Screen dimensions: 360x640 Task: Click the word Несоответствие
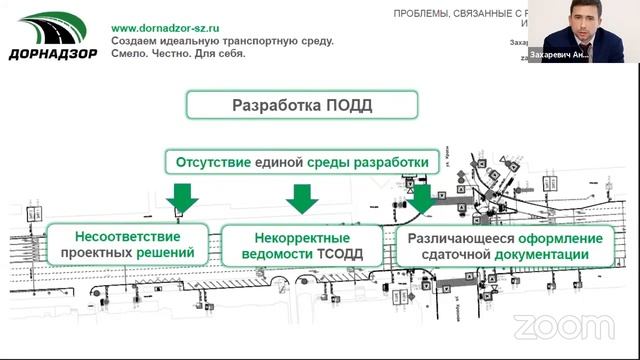(x=127, y=238)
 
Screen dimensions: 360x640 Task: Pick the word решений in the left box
(x=176, y=255)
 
